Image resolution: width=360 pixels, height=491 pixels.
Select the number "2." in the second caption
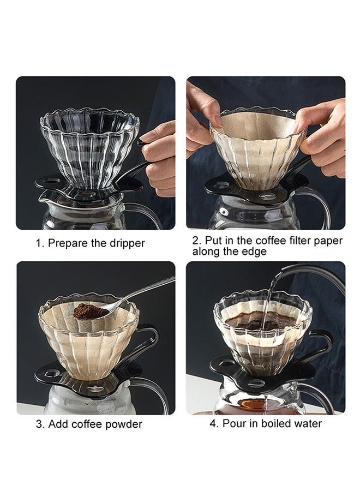pyautogui.click(x=196, y=240)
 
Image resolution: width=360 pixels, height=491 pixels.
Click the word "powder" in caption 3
pyautogui.click(x=123, y=424)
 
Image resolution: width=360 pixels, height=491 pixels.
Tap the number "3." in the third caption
pyautogui.click(x=40, y=424)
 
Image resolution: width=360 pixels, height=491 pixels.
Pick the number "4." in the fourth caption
pyautogui.click(x=214, y=423)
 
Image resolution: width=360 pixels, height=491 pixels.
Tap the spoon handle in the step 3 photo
pyautogui.click(x=147, y=290)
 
